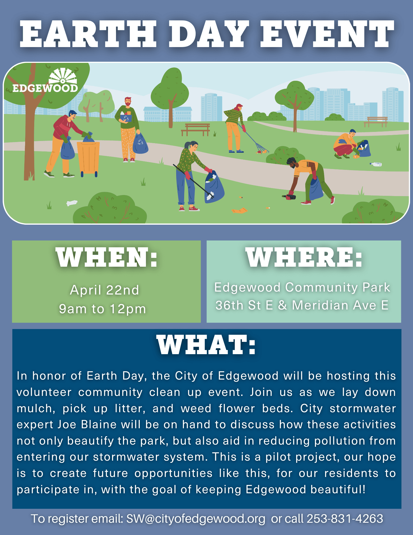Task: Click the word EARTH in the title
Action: click(x=88, y=35)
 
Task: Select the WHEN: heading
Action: click(x=106, y=257)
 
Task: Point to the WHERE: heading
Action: click(x=304, y=257)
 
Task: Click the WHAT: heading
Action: click(x=206, y=345)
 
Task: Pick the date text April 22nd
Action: click(x=105, y=290)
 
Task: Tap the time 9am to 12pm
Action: click(x=103, y=309)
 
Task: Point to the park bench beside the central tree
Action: click(x=195, y=129)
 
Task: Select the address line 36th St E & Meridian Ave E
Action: click(x=302, y=305)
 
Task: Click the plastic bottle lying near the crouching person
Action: click(x=376, y=164)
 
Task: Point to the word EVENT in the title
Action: click(x=327, y=35)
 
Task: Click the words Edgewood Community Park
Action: click(x=302, y=288)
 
